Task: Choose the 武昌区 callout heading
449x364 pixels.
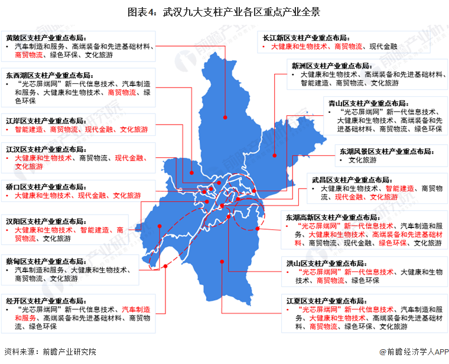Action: [352, 180]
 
